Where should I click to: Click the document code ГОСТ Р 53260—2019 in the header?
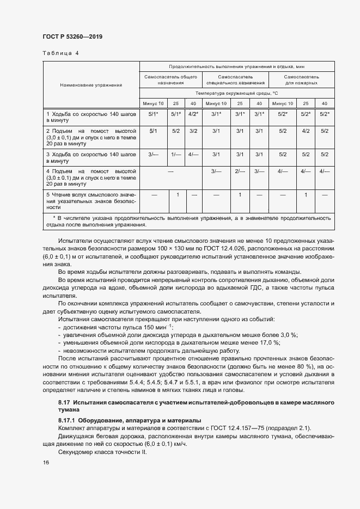[72, 36]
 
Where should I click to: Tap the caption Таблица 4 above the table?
[60, 53]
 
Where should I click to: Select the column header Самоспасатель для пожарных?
[301, 80]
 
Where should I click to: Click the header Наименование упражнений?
[91, 85]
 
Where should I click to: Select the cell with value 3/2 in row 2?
[193, 131]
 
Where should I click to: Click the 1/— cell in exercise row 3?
[176, 155]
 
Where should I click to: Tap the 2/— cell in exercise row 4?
[239, 171]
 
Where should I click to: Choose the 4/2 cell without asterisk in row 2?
[306, 131]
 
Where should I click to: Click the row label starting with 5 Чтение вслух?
[91, 201]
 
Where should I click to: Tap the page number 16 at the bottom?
[45, 462]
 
